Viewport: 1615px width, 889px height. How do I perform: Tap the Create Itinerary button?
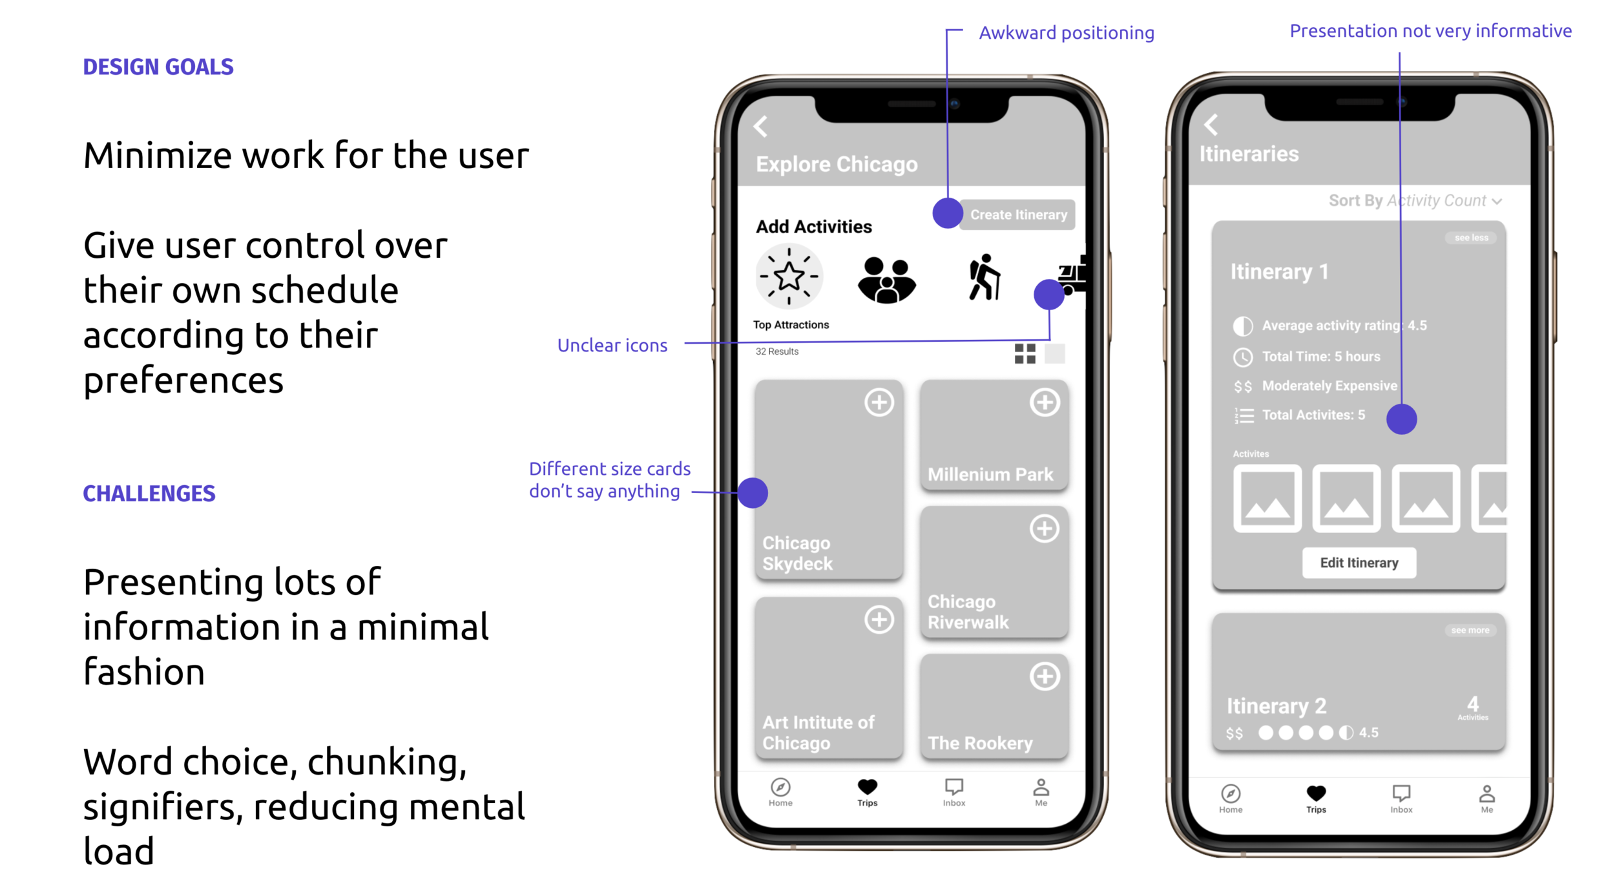[x=1017, y=214]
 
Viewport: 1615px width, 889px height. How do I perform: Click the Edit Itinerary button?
[x=1359, y=563]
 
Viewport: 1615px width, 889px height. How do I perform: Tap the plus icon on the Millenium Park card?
[x=1044, y=403]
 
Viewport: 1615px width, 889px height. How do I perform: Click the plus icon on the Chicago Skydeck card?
[x=879, y=403]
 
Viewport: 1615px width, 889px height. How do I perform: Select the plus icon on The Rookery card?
[x=1044, y=676]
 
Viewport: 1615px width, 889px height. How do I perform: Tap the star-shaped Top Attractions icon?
[x=789, y=277]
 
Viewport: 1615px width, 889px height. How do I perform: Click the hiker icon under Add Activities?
[x=984, y=278]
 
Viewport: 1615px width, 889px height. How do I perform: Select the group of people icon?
[x=886, y=280]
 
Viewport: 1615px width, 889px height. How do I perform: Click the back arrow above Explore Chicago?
[x=761, y=126]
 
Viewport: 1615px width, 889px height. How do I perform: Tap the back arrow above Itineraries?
[x=1211, y=125]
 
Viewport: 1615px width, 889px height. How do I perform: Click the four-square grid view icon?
[x=1025, y=353]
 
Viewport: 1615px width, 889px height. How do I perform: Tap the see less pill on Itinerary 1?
[x=1471, y=238]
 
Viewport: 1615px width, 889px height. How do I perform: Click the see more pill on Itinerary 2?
[x=1470, y=630]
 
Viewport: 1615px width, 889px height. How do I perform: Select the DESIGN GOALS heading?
[x=158, y=67]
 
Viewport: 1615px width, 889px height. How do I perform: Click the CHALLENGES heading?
[x=149, y=494]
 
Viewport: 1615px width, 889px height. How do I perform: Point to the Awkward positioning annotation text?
[x=1066, y=33]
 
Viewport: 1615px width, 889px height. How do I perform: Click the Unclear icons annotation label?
[x=612, y=346]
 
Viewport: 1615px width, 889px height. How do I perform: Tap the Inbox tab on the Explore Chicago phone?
[x=953, y=791]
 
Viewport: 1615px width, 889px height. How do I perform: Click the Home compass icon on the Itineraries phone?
[x=1231, y=793]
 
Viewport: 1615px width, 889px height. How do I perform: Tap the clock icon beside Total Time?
[x=1242, y=357]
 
